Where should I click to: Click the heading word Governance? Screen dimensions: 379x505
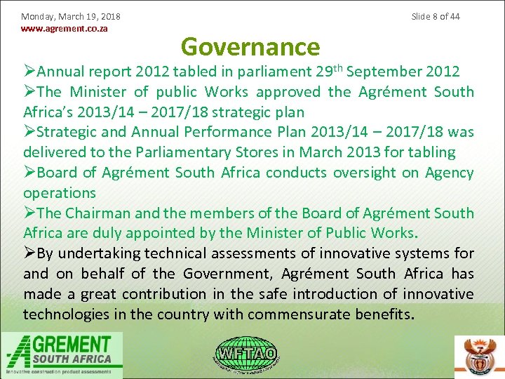coord(250,47)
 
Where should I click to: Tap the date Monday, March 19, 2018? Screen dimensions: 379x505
coord(71,16)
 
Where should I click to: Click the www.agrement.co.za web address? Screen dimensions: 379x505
coord(65,29)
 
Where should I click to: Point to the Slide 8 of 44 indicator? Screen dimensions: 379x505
coord(436,16)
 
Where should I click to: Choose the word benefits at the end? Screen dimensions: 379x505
coord(386,314)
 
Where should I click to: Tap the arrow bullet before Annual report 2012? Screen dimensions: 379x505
coord(29,72)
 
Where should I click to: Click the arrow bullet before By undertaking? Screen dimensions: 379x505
coord(29,253)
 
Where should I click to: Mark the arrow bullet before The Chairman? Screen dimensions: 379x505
coord(29,213)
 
